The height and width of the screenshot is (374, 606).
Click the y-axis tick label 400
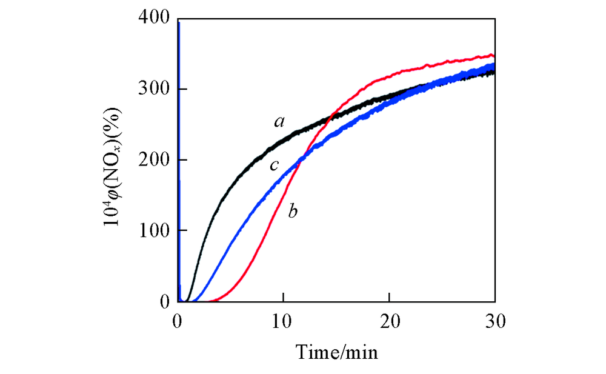154,19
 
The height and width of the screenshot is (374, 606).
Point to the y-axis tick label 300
154,89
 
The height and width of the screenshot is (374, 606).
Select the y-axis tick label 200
154,160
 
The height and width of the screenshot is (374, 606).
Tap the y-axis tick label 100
154,231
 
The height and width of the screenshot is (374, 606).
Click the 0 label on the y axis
163,301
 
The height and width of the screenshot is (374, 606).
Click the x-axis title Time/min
336,352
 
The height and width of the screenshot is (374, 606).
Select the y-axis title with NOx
114,160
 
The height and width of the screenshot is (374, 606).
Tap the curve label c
274,164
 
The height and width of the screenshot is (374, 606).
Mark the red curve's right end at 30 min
494,56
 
